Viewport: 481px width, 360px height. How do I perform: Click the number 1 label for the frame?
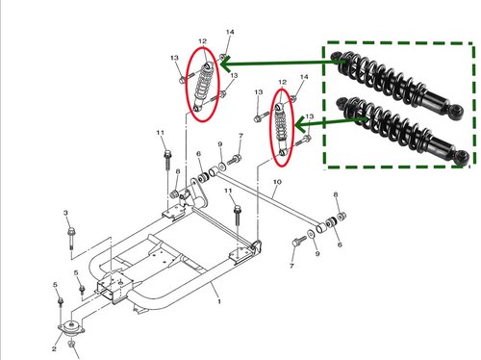pos(219,301)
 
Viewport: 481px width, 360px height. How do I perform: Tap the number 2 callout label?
pos(54,348)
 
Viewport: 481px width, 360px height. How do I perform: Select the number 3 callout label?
pos(65,213)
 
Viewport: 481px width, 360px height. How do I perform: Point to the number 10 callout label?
pos(277,182)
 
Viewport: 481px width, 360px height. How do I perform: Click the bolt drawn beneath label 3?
pos(71,238)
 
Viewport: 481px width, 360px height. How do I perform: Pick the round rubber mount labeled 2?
pos(71,328)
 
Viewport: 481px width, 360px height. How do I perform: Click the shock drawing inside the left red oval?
pos(203,87)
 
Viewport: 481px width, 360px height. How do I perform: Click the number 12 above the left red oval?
pos(202,41)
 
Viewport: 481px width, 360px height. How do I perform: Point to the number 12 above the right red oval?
pos(282,82)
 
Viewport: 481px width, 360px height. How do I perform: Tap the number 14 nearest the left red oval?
pos(230,32)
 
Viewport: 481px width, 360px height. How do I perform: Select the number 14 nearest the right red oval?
pos(304,77)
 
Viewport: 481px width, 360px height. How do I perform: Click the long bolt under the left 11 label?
pos(167,161)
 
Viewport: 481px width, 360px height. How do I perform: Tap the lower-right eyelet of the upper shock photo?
pos(456,112)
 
